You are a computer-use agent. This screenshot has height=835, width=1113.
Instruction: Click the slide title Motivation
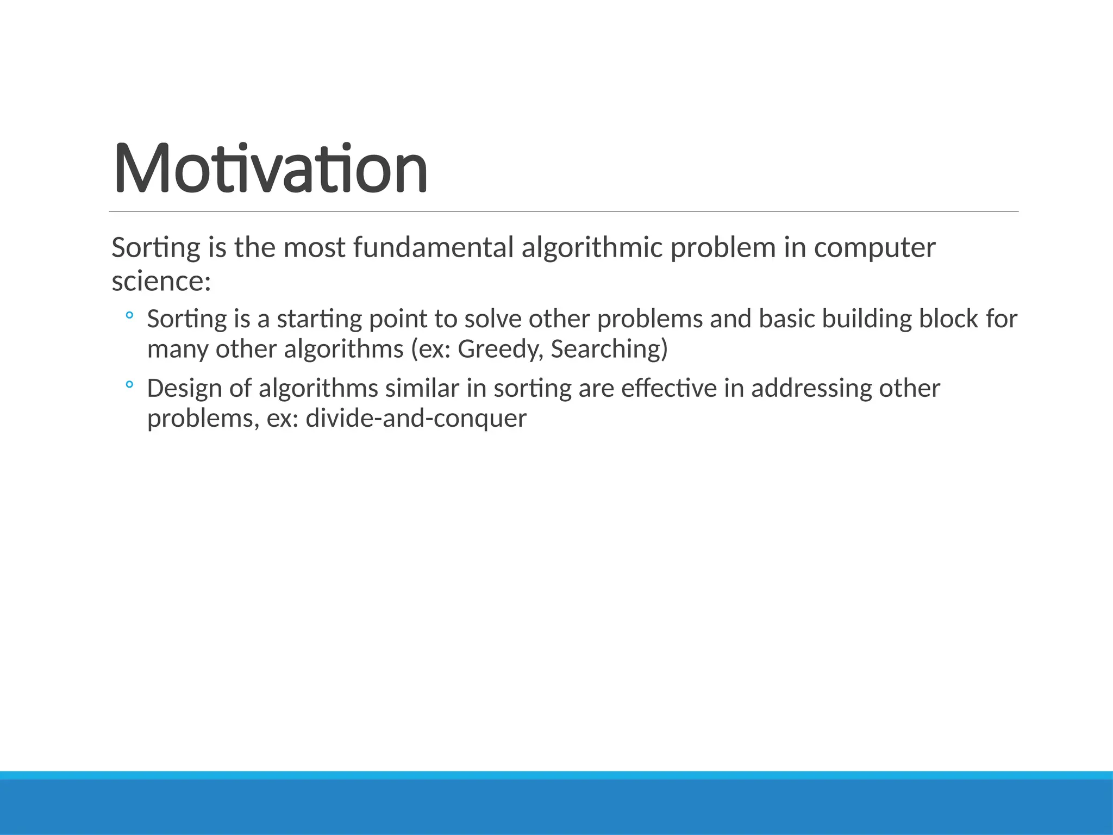[x=270, y=168]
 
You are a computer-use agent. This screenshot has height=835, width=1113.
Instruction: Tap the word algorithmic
[x=592, y=248]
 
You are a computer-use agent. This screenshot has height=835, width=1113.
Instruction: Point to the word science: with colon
[x=161, y=282]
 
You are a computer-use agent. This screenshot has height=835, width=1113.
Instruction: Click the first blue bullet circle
[x=129, y=315]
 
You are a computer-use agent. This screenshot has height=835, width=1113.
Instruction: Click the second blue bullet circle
[x=129, y=385]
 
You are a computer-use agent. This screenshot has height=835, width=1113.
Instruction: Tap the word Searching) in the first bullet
[x=609, y=350]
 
